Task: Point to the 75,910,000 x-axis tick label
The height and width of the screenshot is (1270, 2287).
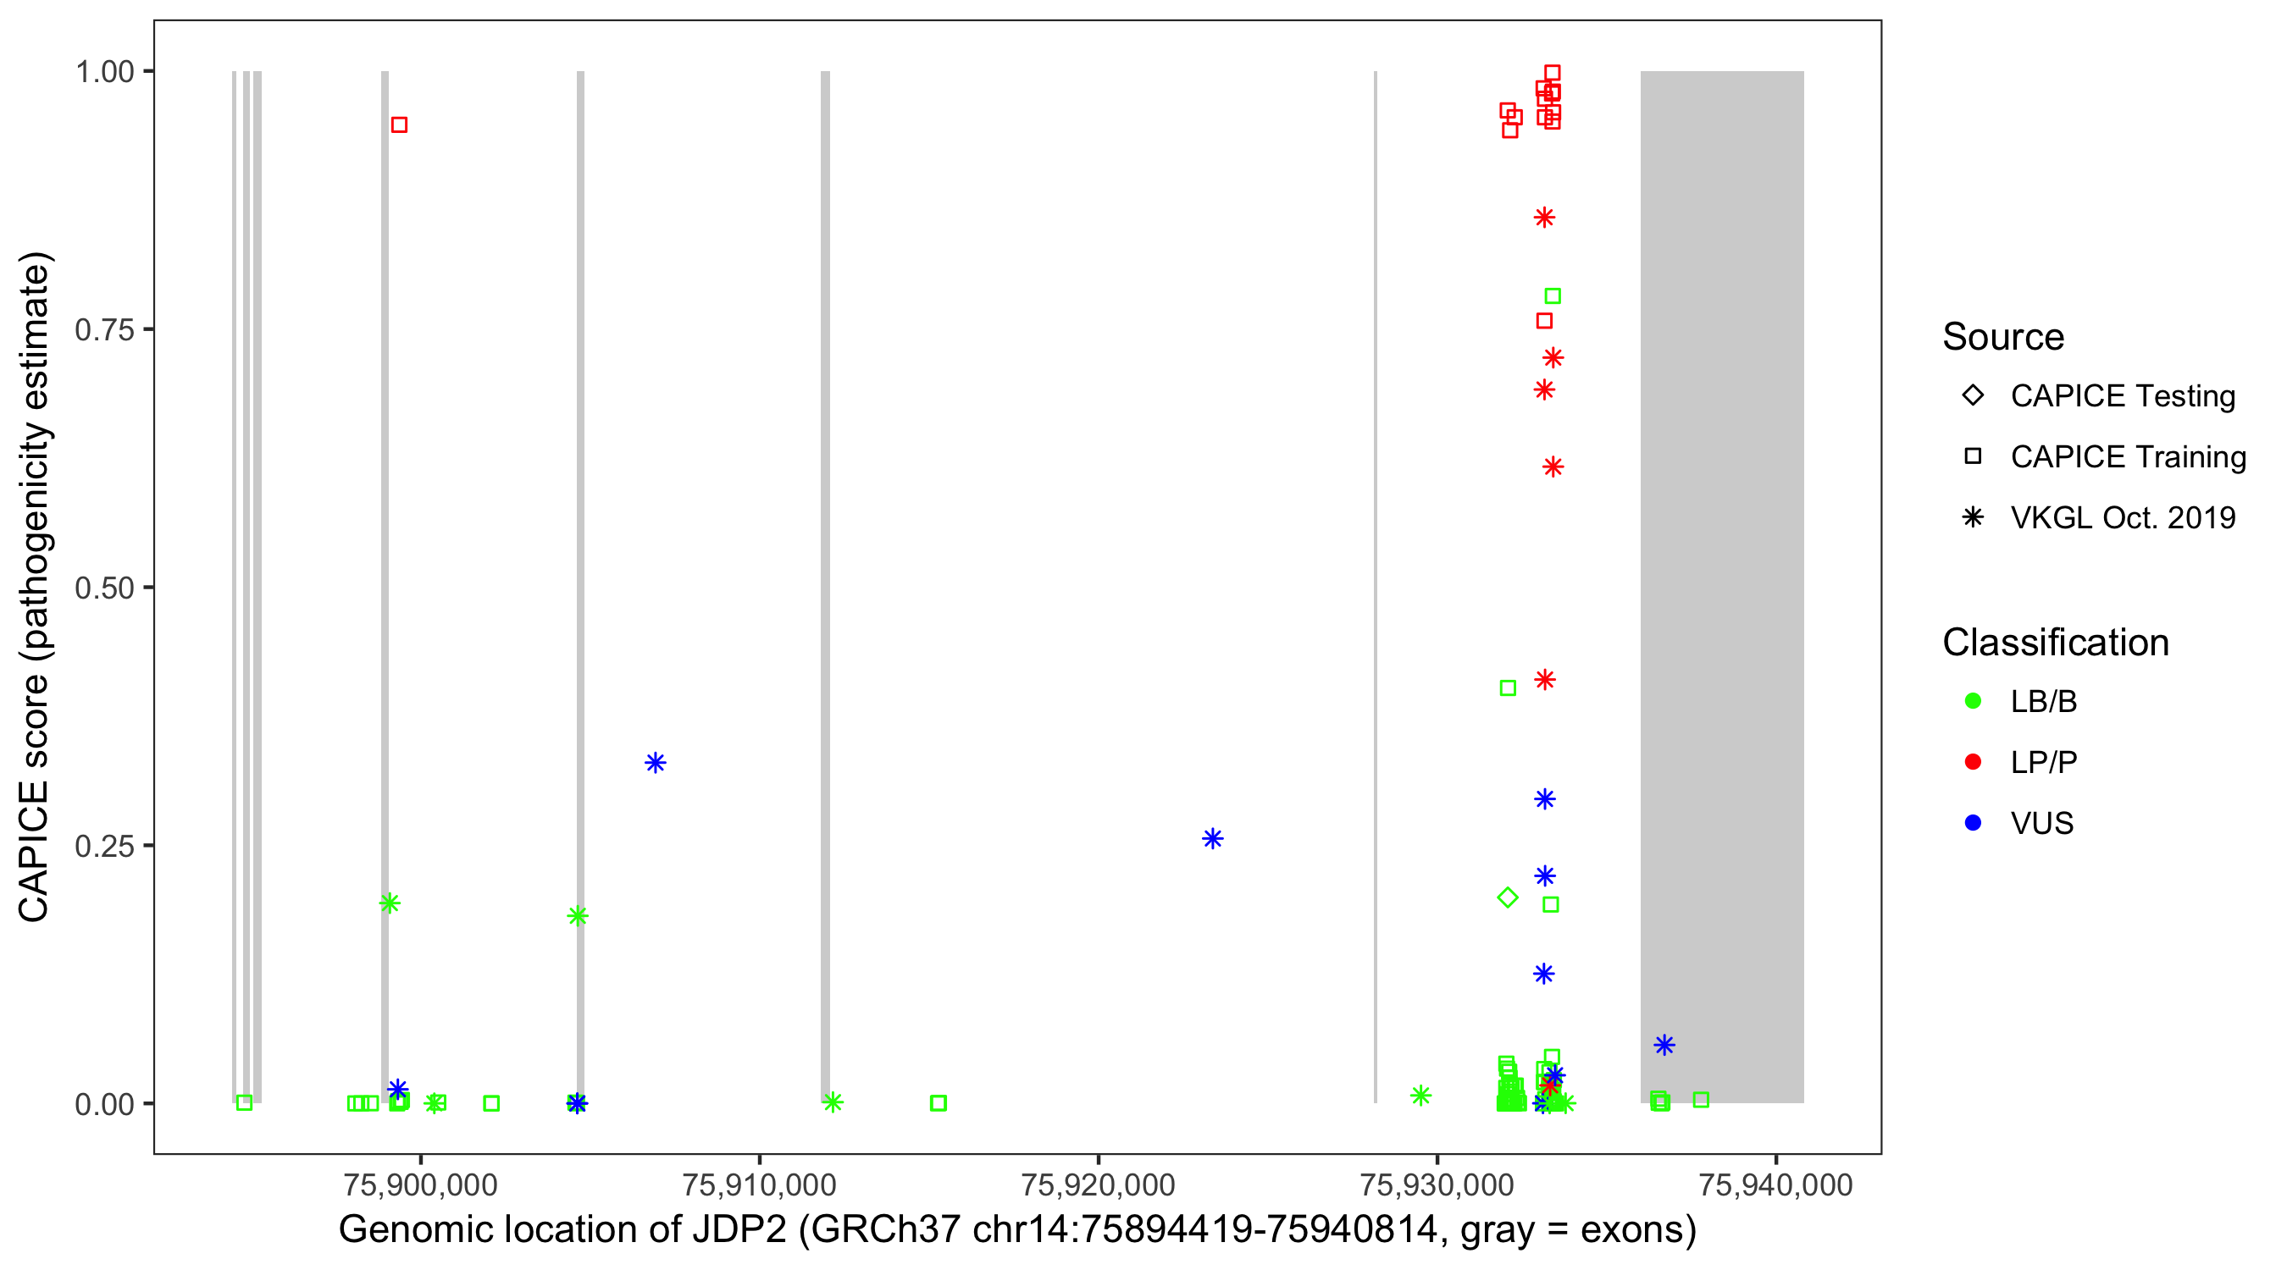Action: tap(759, 1184)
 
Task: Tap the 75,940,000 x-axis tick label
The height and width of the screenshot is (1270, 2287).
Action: tap(1775, 1184)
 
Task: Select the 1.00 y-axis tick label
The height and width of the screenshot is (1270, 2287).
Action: tap(104, 72)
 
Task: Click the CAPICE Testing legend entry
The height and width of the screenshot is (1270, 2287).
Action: tap(2122, 396)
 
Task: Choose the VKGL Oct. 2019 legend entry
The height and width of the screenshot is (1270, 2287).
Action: tap(2122, 517)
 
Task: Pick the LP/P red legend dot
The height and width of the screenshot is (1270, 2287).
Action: tap(1973, 762)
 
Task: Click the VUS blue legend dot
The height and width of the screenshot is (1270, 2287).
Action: tap(1973, 823)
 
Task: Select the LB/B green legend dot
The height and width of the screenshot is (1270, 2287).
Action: tap(1973, 701)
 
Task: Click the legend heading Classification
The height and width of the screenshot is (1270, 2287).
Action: tap(2055, 643)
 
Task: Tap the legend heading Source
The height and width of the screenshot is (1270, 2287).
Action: tap(2003, 337)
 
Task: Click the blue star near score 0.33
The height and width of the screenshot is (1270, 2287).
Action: tap(656, 762)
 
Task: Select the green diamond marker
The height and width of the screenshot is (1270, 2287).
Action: tap(1508, 897)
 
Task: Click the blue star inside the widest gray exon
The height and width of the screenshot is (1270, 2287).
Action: tap(1664, 1045)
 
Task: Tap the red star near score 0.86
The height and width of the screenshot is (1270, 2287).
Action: tap(1545, 218)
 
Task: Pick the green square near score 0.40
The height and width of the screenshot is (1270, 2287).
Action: tap(1508, 687)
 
